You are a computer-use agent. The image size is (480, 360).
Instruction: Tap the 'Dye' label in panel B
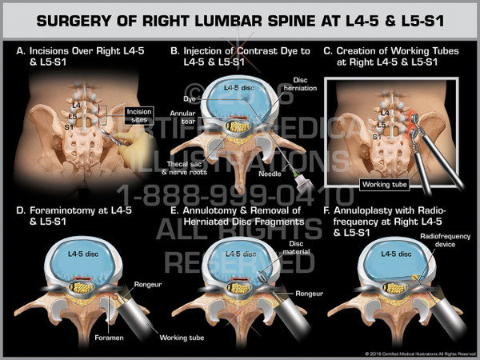[x=188, y=98]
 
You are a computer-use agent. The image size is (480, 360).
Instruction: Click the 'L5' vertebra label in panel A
[x=74, y=117]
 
